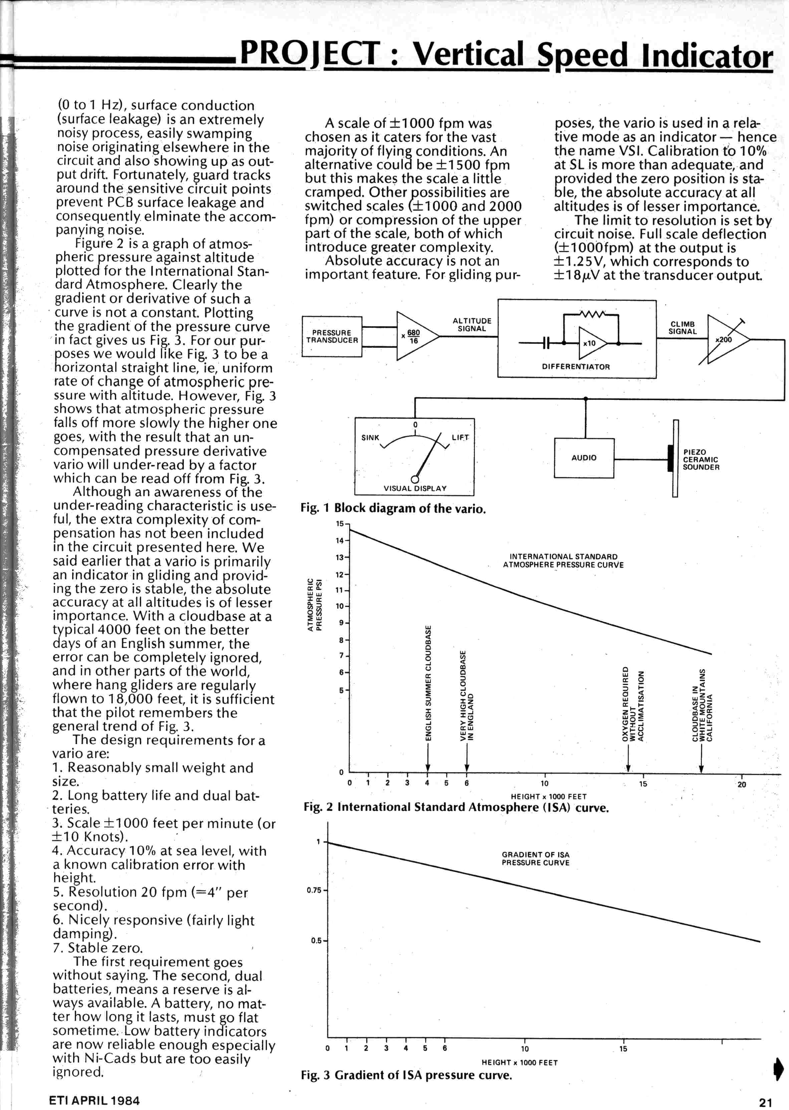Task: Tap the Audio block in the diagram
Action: point(584,458)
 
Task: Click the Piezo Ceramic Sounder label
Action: point(701,459)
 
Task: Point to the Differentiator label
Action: point(576,367)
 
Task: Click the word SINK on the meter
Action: point(370,438)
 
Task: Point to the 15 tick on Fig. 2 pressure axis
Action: point(340,523)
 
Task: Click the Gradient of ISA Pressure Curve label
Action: point(535,859)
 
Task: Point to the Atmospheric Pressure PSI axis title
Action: point(314,604)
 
